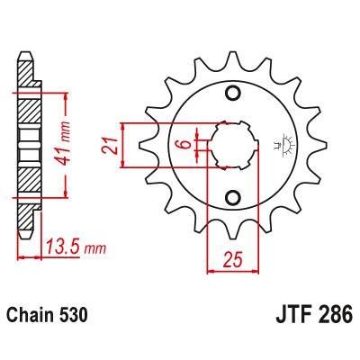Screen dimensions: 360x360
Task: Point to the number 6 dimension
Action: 183,144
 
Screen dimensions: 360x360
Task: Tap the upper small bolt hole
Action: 232,93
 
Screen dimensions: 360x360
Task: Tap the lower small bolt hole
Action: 232,198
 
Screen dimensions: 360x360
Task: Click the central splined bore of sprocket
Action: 232,145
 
